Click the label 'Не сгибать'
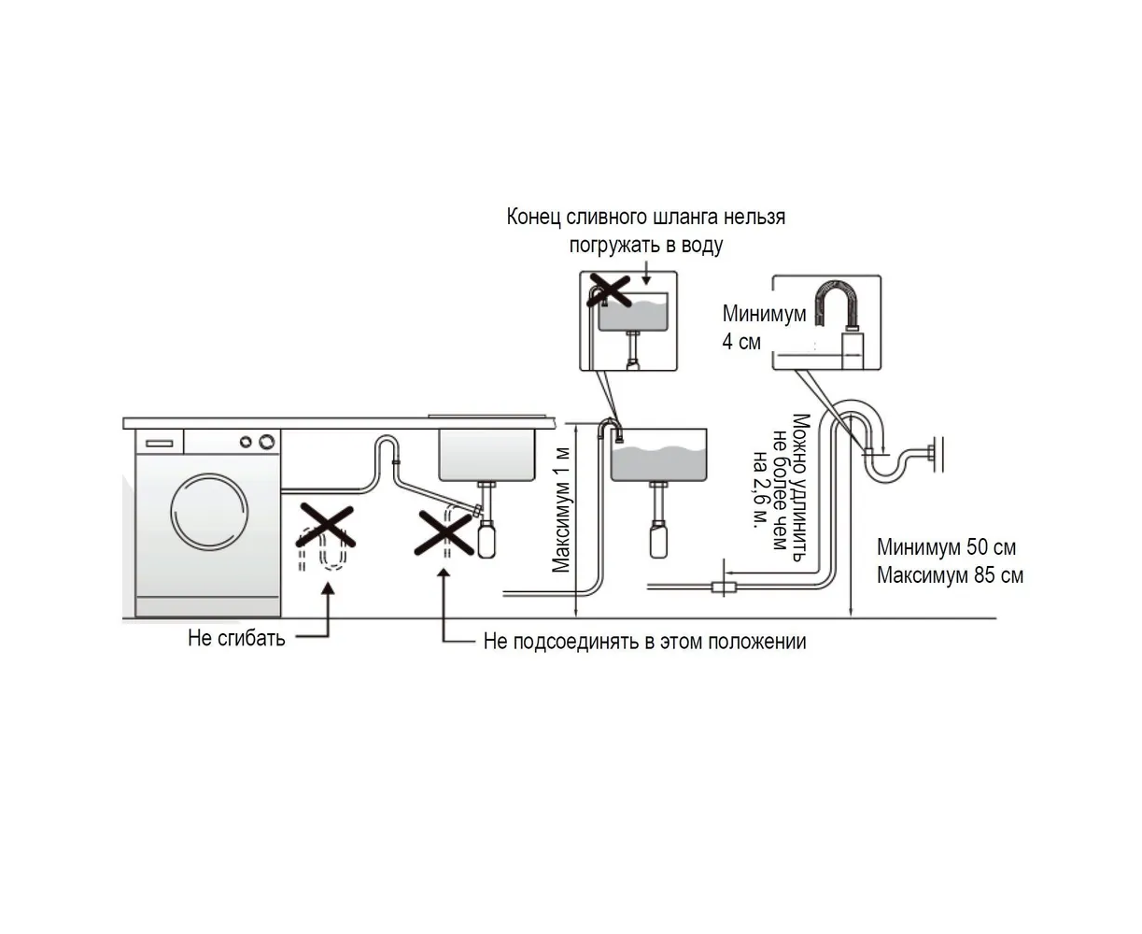(x=236, y=639)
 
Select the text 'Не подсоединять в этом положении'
(x=644, y=642)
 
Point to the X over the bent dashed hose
(x=325, y=526)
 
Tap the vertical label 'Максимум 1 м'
(x=561, y=510)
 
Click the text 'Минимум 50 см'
(x=946, y=547)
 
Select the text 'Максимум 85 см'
(x=950, y=575)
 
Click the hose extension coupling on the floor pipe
(x=724, y=587)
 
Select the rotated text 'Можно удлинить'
(x=799, y=487)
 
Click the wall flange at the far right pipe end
(x=939, y=454)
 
